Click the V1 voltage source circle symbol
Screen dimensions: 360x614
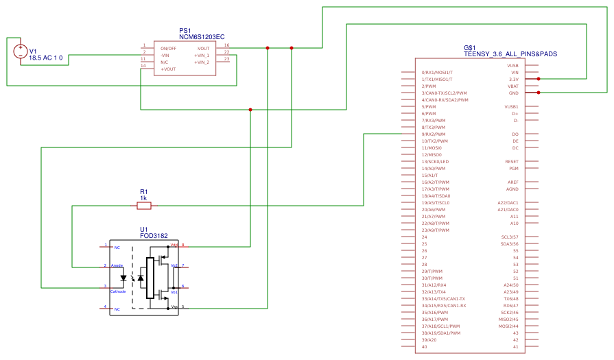[21, 51]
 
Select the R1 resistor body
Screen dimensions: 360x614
[143, 205]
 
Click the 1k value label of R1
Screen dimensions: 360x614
[143, 197]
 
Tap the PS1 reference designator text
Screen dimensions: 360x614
[185, 31]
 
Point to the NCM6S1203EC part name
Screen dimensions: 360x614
[202, 37]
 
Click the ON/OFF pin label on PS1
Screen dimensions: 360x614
[169, 49]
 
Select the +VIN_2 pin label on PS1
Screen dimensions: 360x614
[202, 62]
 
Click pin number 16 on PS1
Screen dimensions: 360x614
[226, 45]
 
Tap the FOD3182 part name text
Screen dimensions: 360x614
[154, 236]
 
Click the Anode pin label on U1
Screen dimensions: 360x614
[117, 265]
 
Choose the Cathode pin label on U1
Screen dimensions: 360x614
[118, 291]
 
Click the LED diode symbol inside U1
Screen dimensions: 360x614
[124, 278]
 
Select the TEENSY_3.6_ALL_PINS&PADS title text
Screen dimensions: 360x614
[501, 53]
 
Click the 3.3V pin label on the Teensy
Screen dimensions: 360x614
[513, 79]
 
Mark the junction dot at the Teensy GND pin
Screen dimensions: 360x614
[539, 93]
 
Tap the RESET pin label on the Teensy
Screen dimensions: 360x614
[512, 161]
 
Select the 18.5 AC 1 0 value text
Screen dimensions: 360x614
[46, 59]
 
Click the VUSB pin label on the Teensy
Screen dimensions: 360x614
[512, 65]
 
